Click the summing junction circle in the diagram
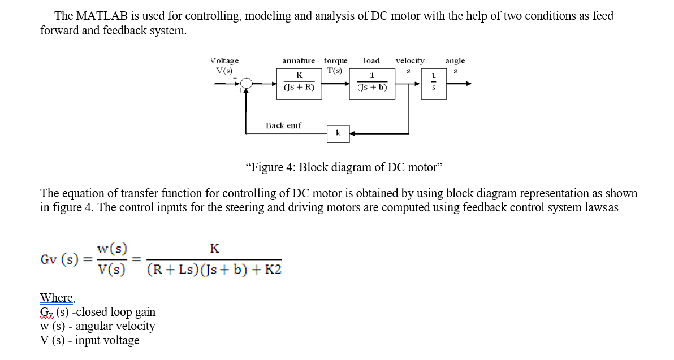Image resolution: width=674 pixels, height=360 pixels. pyautogui.click(x=246, y=84)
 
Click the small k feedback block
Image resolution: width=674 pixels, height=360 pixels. pyautogui.click(x=338, y=133)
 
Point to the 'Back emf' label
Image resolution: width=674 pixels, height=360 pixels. pyautogui.click(x=283, y=125)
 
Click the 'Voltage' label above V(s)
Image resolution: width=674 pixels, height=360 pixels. pyautogui.click(x=224, y=60)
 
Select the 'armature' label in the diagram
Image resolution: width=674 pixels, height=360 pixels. pyautogui.click(x=299, y=60)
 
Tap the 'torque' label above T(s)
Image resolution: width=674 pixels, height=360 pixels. pyautogui.click(x=336, y=60)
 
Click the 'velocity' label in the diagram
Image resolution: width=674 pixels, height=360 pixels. pyautogui.click(x=410, y=60)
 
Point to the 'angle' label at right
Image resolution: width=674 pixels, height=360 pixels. pyautogui.click(x=455, y=60)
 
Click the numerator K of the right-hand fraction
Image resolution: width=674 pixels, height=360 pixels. pyautogui.click(x=214, y=248)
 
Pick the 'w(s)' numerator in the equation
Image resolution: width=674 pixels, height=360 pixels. pyautogui.click(x=111, y=248)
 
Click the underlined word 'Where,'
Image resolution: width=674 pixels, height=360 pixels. pyautogui.click(x=58, y=298)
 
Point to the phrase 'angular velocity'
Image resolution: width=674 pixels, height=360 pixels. pyautogui.click(x=115, y=326)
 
